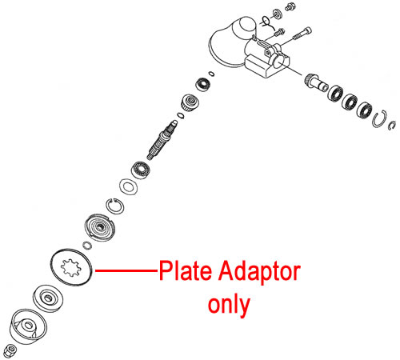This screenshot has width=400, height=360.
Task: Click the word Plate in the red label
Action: tap(185, 270)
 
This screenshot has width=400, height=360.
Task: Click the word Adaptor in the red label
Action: tap(260, 273)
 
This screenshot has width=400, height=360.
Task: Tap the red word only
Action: tap(229, 306)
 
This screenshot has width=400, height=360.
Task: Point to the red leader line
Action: tap(126, 270)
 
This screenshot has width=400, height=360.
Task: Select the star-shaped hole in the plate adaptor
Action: tap(71, 267)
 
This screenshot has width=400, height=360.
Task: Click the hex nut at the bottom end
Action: tap(10, 350)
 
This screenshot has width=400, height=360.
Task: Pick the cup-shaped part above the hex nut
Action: tap(28, 326)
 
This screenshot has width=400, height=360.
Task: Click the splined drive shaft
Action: tap(162, 140)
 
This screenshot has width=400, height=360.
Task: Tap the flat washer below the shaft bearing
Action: tap(129, 186)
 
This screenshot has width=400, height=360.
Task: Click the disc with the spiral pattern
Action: tap(100, 227)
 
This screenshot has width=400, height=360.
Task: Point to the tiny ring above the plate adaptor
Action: tap(87, 246)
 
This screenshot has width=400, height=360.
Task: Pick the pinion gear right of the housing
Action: tap(316, 82)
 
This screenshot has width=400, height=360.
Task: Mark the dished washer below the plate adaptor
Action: tap(48, 298)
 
